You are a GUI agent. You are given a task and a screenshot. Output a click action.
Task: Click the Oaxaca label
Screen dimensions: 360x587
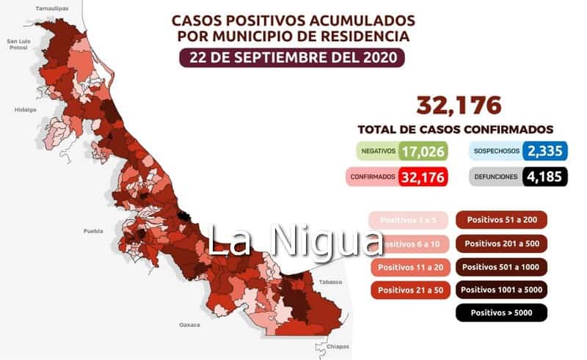pyautogui.click(x=190, y=323)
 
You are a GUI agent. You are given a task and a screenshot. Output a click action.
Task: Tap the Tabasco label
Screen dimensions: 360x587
pyautogui.click(x=327, y=281)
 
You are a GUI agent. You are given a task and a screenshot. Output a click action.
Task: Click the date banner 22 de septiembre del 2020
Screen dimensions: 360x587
pyautogui.click(x=292, y=57)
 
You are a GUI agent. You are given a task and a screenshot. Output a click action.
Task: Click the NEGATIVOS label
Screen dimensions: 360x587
pyautogui.click(x=378, y=152)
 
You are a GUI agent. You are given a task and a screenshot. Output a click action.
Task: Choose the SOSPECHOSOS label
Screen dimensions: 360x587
pyautogui.click(x=497, y=152)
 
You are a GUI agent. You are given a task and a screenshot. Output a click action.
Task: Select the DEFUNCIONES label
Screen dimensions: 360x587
pyautogui.click(x=497, y=177)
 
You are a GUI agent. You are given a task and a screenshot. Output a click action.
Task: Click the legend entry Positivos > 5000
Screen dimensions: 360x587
pyautogui.click(x=502, y=313)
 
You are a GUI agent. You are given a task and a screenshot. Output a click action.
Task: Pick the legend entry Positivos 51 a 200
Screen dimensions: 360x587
pyautogui.click(x=502, y=219)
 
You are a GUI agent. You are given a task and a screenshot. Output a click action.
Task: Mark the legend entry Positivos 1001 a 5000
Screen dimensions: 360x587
pyautogui.click(x=502, y=290)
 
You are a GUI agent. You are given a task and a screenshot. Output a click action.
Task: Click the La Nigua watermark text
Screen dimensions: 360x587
pyautogui.click(x=294, y=240)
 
